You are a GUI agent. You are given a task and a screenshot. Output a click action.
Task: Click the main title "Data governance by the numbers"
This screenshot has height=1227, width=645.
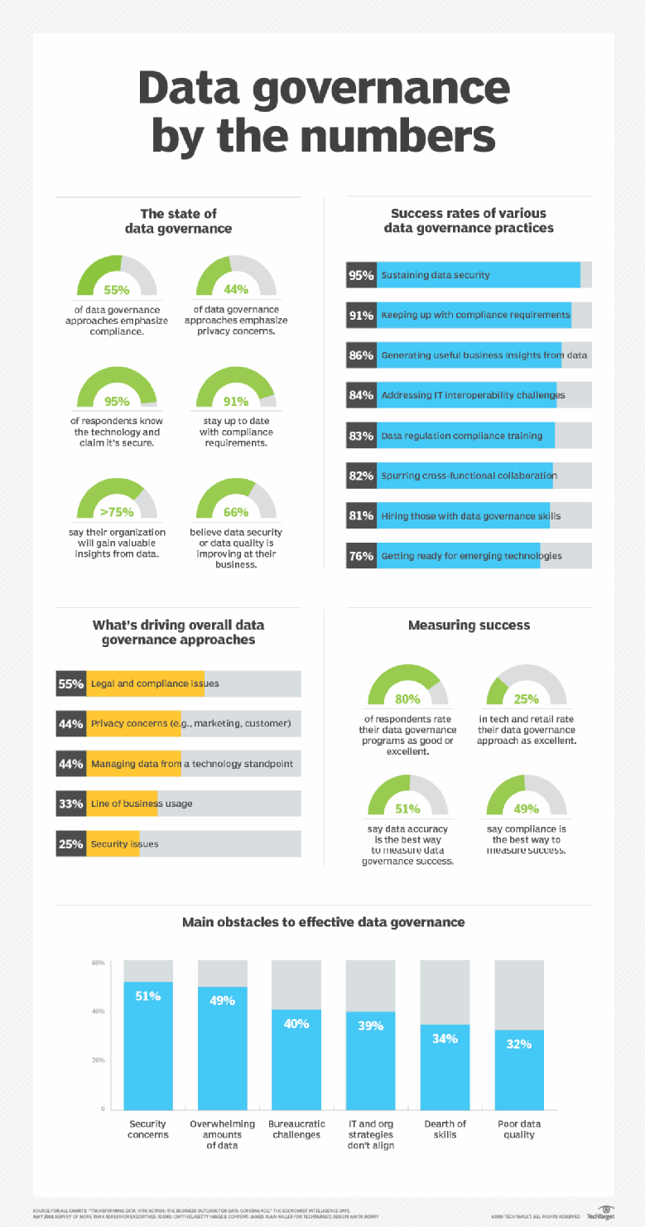[x=322, y=113]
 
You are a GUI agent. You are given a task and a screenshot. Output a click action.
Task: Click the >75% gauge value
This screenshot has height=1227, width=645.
[x=117, y=511]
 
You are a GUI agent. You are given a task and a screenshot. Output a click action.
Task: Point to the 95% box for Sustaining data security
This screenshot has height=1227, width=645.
[x=361, y=274]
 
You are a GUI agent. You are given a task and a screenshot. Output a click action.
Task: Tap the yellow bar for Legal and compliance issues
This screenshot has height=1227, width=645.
[x=146, y=684]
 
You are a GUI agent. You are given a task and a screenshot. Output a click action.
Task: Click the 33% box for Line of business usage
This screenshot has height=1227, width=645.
[x=70, y=804]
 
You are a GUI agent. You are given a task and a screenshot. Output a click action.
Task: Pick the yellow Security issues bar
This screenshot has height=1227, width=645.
[x=113, y=843]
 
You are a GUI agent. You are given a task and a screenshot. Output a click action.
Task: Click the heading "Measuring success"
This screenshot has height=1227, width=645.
[x=469, y=626]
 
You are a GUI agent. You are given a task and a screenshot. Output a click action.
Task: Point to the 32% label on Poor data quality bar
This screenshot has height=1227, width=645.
[x=518, y=1044]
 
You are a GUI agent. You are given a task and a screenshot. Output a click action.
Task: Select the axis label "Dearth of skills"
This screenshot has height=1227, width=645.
[x=445, y=1129]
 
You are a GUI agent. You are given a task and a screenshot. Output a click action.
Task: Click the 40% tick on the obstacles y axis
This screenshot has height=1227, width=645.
[x=98, y=1012]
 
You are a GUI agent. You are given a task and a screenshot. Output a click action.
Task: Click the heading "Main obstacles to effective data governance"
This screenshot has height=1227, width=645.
[x=323, y=921]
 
